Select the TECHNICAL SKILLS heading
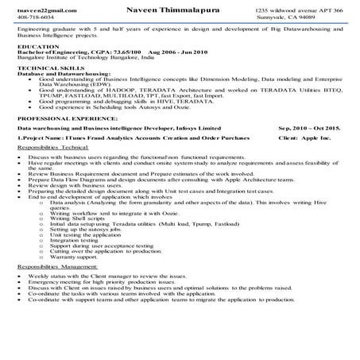48,69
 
